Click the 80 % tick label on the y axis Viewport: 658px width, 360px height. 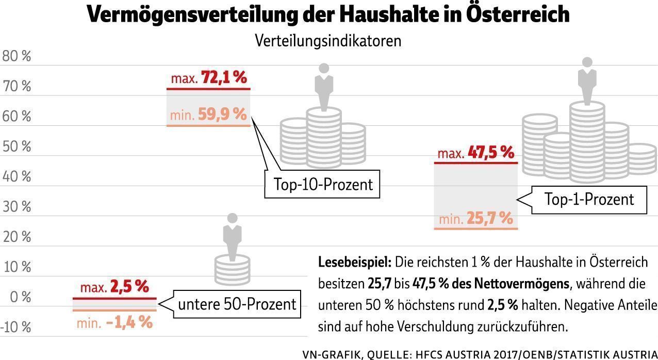(17, 56)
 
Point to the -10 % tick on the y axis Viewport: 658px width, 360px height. (16, 327)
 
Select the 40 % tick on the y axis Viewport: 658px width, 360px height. (17, 176)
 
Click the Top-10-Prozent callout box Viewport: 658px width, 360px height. (323, 184)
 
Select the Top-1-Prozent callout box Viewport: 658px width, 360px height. (589, 199)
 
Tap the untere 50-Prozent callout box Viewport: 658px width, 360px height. (237, 304)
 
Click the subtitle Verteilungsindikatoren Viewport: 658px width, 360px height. (328, 41)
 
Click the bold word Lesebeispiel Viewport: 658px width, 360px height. (355, 261)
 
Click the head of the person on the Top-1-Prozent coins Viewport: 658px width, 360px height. (586, 62)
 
